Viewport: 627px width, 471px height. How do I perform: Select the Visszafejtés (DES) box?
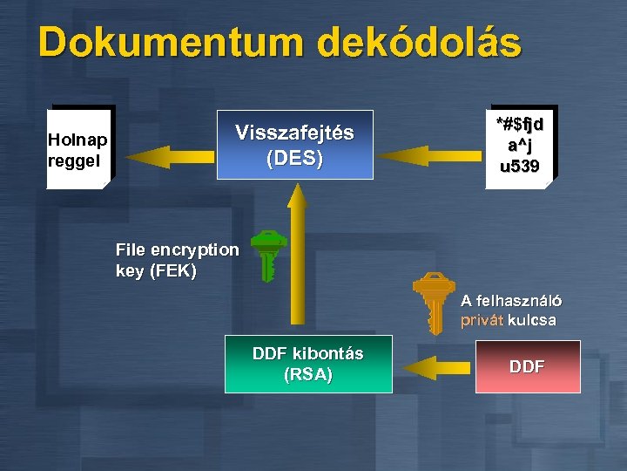pyautogui.click(x=294, y=145)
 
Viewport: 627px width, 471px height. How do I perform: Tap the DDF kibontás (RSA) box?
pyautogui.click(x=307, y=364)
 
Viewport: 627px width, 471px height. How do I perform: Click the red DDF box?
pyautogui.click(x=527, y=366)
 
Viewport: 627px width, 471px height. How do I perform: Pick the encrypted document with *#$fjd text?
pyautogui.click(x=520, y=146)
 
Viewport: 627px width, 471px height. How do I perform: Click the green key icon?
pyautogui.click(x=267, y=255)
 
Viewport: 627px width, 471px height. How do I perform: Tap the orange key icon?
pyautogui.click(x=433, y=302)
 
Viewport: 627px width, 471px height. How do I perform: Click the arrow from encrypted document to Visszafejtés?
pyautogui.click(x=430, y=155)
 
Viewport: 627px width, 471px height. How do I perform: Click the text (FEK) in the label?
pyautogui.click(x=173, y=270)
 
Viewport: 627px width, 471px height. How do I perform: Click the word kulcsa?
pyautogui.click(x=532, y=320)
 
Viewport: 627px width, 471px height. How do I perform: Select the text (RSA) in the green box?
pyautogui.click(x=307, y=375)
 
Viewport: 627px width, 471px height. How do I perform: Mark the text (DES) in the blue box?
pyautogui.click(x=294, y=159)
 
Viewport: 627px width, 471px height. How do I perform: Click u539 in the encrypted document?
pyautogui.click(x=520, y=166)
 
